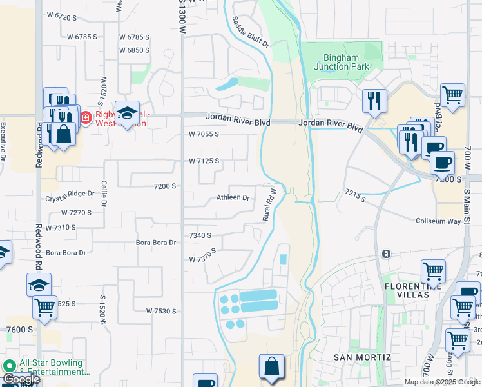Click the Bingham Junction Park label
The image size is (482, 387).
[x=341, y=62]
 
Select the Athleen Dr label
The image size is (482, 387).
[x=233, y=198]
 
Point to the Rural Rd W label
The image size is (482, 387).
[x=269, y=204]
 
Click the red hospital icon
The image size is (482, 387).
[x=86, y=117]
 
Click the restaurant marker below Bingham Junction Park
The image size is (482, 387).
[x=374, y=100]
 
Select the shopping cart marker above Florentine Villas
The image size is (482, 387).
[x=433, y=272]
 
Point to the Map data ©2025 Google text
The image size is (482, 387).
[x=443, y=382]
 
